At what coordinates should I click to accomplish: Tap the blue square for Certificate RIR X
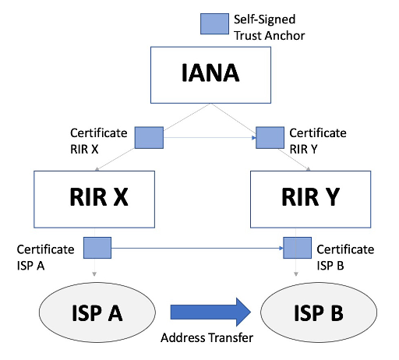point(149,137)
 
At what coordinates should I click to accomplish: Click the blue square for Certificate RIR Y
point(269,137)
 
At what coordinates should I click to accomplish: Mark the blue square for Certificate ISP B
point(296,249)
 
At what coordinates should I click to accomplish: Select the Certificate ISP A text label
point(46,256)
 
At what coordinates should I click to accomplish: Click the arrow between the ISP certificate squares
point(195,250)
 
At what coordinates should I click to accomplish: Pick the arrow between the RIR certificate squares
point(209,138)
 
